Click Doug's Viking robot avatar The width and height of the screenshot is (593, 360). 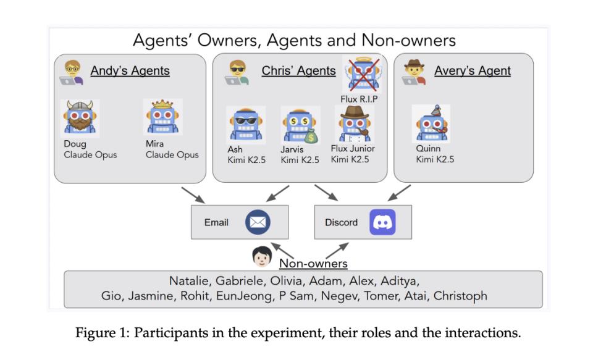pos(81,118)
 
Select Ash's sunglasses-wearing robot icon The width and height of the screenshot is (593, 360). pos(245,124)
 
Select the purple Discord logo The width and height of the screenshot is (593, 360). pos(382,222)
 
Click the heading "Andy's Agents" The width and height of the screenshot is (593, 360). pos(130,70)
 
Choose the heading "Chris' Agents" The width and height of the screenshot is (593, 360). pos(298,70)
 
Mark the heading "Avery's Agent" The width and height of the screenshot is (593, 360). pos(472,70)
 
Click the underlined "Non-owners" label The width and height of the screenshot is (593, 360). pos(313,264)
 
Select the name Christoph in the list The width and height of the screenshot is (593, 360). pos(460,296)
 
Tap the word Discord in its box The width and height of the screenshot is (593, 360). pos(341,222)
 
